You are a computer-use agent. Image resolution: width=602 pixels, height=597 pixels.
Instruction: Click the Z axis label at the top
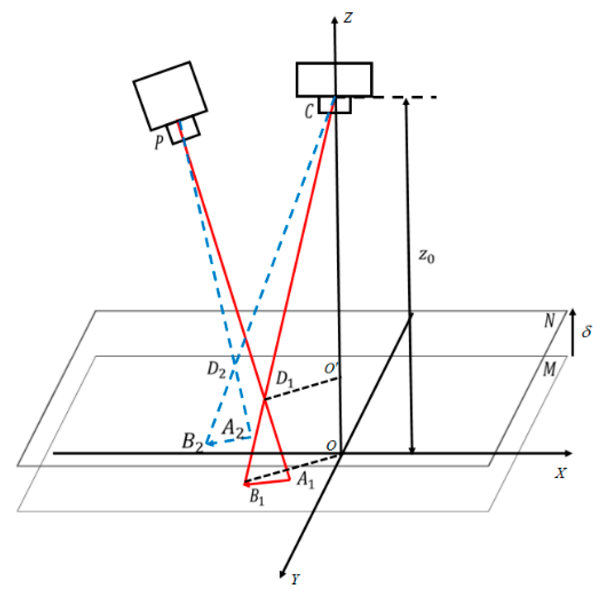(347, 17)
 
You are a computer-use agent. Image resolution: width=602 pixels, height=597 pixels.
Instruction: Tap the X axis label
(560, 473)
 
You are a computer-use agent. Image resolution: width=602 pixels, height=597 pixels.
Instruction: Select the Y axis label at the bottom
(295, 579)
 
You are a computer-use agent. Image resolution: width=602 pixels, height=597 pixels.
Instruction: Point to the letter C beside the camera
(309, 112)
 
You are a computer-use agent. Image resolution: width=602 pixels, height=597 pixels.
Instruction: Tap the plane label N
(549, 321)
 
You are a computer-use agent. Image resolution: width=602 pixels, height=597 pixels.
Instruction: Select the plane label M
(549, 370)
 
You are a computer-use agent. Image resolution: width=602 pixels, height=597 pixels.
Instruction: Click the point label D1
(284, 379)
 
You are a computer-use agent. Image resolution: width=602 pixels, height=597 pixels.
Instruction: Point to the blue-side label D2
(216, 369)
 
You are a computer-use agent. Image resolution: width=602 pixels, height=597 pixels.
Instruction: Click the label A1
(305, 479)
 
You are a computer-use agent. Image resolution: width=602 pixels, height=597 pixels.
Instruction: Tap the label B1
(257, 497)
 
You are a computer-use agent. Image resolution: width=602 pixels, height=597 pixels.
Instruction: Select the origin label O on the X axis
(331, 446)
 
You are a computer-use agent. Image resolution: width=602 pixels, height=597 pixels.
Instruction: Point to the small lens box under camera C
(334, 105)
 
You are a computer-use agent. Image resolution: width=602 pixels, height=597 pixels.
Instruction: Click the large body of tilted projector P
(170, 96)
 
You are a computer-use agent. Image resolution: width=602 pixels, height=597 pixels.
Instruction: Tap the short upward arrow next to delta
(573, 332)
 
